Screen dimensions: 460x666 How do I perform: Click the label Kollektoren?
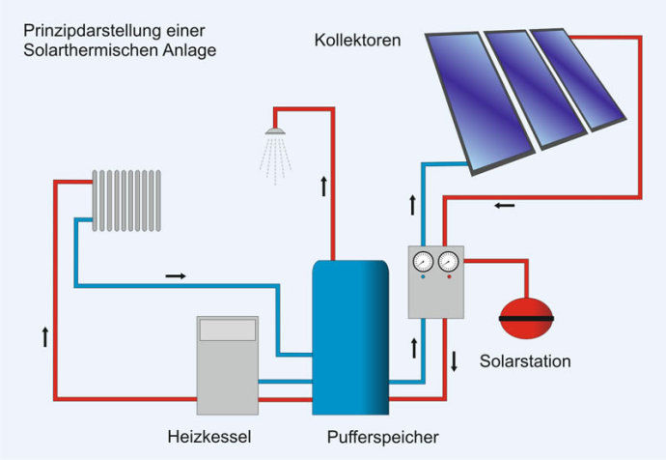pyautogui.click(x=357, y=41)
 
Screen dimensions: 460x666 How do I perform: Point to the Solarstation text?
pyautogui.click(x=525, y=362)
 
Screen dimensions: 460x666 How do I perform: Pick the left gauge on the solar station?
pyautogui.click(x=423, y=261)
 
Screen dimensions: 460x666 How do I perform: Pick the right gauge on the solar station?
pyautogui.click(x=448, y=261)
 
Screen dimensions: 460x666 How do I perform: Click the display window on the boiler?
pyautogui.click(x=227, y=330)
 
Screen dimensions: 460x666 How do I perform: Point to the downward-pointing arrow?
pyautogui.click(x=455, y=363)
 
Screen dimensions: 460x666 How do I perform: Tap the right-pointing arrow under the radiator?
pyautogui.click(x=176, y=275)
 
